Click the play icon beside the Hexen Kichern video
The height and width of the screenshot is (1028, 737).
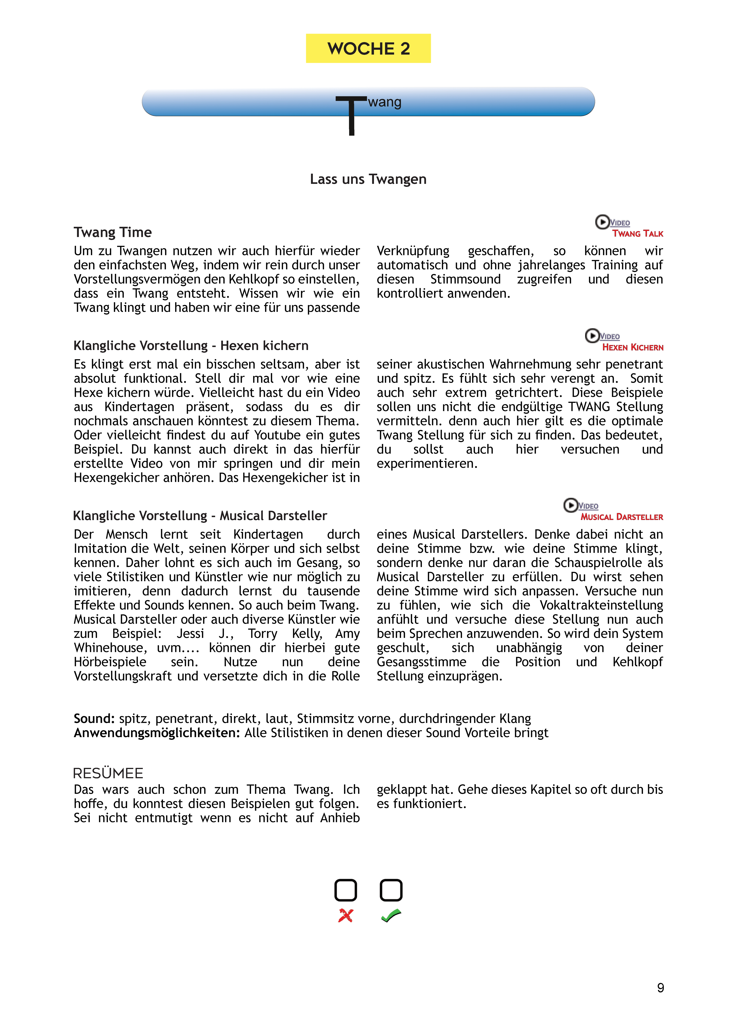pos(591,336)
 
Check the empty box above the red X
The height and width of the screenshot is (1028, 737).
pos(346,890)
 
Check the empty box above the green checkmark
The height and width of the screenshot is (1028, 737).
pos(391,890)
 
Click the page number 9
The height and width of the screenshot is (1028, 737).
pos(660,988)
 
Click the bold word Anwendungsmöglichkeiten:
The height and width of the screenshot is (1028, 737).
pos(156,733)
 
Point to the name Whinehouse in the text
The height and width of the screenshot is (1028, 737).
pos(110,648)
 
